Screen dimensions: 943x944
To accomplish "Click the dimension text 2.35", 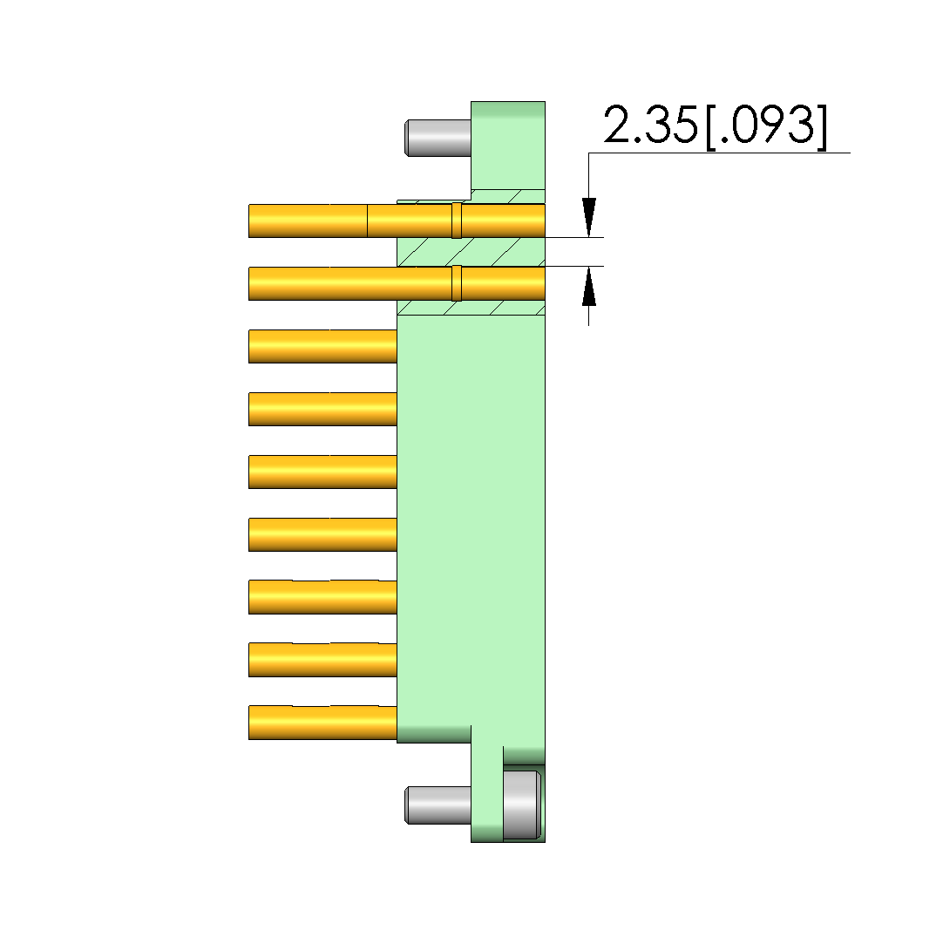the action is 650,125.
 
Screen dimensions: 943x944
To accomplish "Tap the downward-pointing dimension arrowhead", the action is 589,217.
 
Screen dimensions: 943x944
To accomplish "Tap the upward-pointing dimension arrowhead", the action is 589,286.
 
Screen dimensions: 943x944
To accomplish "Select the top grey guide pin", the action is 438,138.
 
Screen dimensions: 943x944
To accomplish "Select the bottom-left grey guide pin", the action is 438,805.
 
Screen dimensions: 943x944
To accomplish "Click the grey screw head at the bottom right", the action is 522,805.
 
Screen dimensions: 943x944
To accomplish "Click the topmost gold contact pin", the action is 397,221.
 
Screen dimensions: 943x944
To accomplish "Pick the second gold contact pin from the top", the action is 397,283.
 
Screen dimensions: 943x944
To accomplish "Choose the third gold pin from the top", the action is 322,346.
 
